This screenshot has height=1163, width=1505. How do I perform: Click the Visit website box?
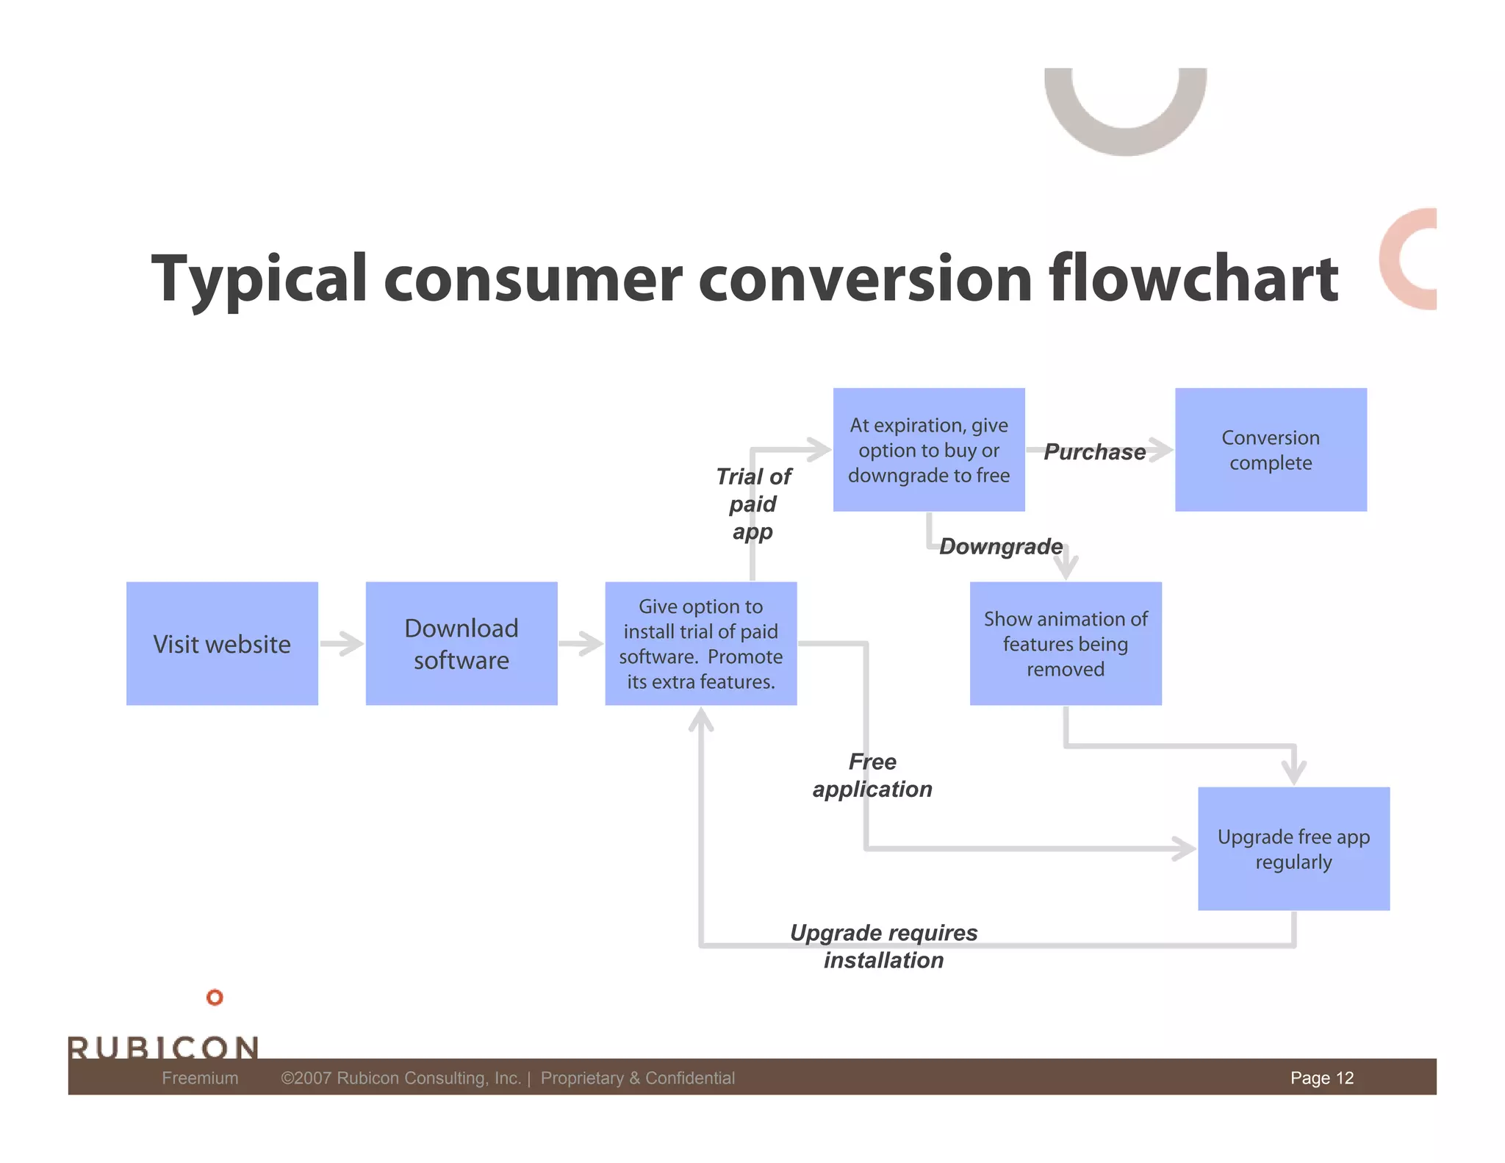tap(222, 643)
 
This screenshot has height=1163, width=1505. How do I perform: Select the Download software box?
tap(461, 643)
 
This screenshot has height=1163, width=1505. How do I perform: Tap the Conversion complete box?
tap(1271, 449)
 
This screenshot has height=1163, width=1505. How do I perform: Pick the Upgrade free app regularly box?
tap(1293, 848)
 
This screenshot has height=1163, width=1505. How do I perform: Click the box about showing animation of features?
tap(1066, 643)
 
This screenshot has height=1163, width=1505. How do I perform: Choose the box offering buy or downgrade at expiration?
tap(929, 449)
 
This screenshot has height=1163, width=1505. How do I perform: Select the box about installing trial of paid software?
tap(700, 643)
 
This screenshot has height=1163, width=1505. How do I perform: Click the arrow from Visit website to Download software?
tap(342, 643)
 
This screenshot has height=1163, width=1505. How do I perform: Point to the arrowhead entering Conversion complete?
tap(1161, 450)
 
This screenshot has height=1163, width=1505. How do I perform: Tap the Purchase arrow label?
tap(1094, 451)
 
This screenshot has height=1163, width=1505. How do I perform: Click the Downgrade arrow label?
tap(1001, 546)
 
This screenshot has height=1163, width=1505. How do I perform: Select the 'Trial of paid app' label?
tap(753, 504)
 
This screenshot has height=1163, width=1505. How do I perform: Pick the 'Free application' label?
tap(872, 775)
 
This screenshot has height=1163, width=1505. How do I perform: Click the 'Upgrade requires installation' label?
tap(883, 945)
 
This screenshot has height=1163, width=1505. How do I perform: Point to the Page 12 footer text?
tap(1321, 1078)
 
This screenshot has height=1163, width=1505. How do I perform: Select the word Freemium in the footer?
tap(200, 1078)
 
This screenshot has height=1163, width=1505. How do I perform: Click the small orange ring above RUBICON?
tap(215, 997)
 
